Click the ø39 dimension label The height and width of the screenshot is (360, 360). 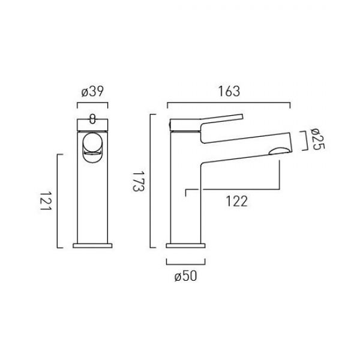pos(92,91)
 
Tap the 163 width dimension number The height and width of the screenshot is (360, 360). pos(229,91)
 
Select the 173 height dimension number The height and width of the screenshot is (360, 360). pos(139,181)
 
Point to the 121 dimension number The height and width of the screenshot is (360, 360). pos(46,200)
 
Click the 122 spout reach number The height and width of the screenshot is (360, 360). pos(237,202)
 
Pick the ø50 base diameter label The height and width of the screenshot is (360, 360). pos(185,276)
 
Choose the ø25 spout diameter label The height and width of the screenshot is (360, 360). pos(317,139)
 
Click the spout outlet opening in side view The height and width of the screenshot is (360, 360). pos(280,151)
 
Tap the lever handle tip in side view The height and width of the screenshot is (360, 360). pos(242,116)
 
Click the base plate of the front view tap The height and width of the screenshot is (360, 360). pos(92,245)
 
